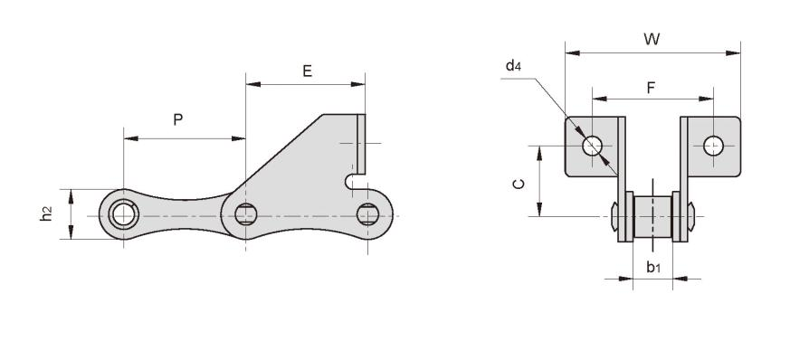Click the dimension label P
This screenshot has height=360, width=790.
(x=178, y=119)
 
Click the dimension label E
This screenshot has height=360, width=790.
(x=308, y=71)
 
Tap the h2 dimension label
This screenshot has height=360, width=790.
(x=46, y=214)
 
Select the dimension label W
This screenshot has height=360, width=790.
(x=652, y=39)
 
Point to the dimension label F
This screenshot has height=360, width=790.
(x=651, y=88)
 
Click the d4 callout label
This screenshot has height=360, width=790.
(x=513, y=65)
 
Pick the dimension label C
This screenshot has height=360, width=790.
(x=519, y=185)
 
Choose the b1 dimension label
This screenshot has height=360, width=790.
(x=653, y=268)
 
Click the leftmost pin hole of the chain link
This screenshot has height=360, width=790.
(x=123, y=214)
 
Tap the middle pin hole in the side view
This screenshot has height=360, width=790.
(x=246, y=214)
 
